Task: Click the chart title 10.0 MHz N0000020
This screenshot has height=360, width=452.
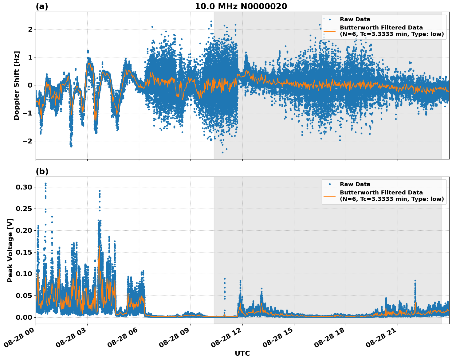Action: pyautogui.click(x=241, y=6)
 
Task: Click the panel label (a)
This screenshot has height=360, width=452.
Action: pyautogui.click(x=42, y=6)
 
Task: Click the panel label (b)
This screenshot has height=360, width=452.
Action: pyautogui.click(x=42, y=171)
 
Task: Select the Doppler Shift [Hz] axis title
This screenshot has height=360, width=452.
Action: pyautogui.click(x=17, y=85)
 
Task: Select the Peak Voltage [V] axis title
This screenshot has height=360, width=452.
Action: pyautogui.click(x=10, y=250)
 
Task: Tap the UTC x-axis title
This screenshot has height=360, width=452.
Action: pyautogui.click(x=242, y=353)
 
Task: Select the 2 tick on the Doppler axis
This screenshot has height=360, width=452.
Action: pyautogui.click(x=30, y=29)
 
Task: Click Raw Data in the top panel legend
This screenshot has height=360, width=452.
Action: pyautogui.click(x=355, y=19)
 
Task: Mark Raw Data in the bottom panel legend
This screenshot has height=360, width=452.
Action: pyautogui.click(x=355, y=184)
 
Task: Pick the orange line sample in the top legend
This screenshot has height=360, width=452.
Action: pyautogui.click(x=329, y=31)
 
